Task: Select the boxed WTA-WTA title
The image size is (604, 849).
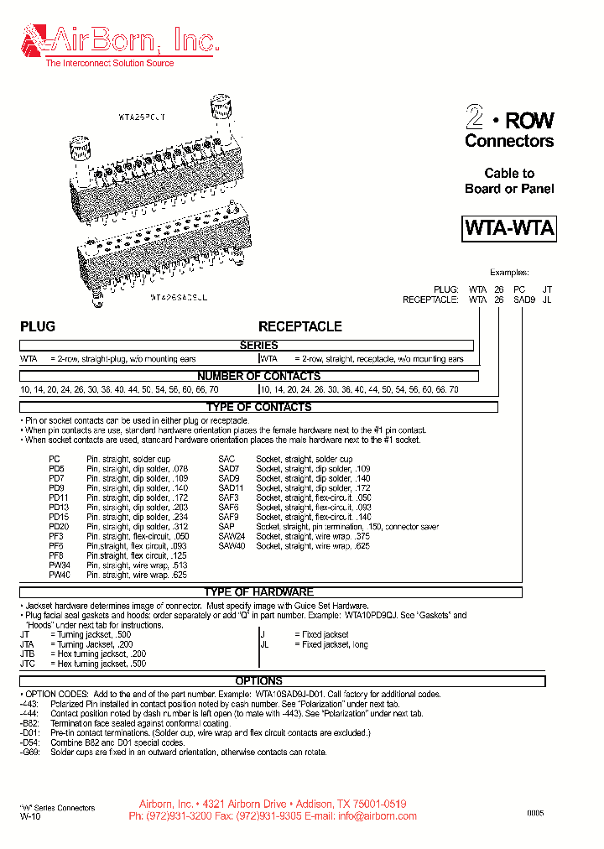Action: point(509,229)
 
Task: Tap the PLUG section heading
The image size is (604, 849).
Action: point(38,326)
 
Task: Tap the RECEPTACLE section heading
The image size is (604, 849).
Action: point(299,326)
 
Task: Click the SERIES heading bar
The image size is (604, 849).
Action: point(258,346)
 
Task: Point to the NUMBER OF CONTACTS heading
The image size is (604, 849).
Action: point(258,376)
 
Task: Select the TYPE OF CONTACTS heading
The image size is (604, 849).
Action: point(258,407)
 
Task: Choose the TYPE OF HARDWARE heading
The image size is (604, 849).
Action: point(258,592)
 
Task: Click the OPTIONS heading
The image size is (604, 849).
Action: point(258,680)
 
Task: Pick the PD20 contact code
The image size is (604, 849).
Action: point(58,527)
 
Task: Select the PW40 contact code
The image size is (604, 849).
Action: point(59,576)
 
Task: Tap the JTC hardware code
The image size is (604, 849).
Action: point(28,664)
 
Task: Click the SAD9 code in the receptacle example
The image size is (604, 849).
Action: point(523,299)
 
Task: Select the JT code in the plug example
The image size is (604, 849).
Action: point(547,289)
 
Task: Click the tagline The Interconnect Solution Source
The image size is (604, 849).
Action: point(110,63)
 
